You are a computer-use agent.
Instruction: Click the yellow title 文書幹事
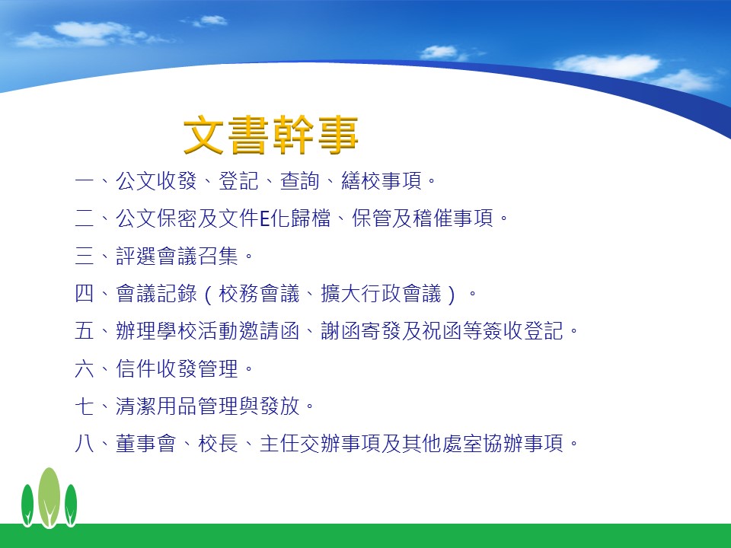tap(271, 135)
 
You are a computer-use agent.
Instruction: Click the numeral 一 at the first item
tap(85, 180)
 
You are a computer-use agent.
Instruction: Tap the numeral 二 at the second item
tap(85, 218)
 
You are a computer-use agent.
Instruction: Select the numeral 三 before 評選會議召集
tap(85, 256)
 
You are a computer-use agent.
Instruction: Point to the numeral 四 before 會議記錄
tap(85, 294)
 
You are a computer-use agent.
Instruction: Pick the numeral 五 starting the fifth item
tap(85, 331)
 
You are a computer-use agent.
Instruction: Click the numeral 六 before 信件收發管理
tap(85, 368)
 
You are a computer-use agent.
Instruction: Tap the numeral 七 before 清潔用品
tap(85, 406)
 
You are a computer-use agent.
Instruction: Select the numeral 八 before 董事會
tap(85, 444)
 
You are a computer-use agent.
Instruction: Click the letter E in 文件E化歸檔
tap(264, 218)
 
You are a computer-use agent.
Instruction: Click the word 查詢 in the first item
tap(300, 181)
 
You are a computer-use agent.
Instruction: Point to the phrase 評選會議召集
tap(177, 256)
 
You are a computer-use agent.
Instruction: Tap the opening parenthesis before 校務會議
tap(208, 295)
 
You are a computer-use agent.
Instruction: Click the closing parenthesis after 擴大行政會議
tap(451, 295)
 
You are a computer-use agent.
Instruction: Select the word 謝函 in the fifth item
tap(342, 331)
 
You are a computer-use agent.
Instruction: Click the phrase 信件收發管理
tap(177, 368)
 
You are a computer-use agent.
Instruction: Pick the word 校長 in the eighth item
tap(219, 444)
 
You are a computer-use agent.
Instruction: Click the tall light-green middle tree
tap(49, 498)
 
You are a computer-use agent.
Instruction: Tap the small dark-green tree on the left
tap(27, 505)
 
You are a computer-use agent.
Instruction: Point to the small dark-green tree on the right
tap(71, 505)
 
